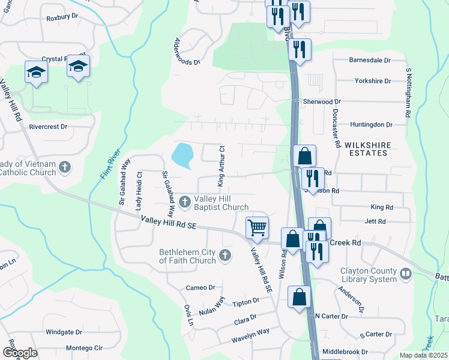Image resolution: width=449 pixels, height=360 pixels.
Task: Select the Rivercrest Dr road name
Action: (x=48, y=127)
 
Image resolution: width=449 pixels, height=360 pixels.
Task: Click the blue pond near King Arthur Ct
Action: (x=182, y=155)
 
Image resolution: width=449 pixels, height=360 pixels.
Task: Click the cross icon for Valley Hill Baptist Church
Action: (x=185, y=200)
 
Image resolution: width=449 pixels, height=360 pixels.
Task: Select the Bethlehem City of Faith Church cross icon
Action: (x=225, y=256)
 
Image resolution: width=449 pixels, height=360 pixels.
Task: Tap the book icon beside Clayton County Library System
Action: (x=406, y=274)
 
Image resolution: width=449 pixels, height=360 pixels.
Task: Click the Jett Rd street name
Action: (x=375, y=221)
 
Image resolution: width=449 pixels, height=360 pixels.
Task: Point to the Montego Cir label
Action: (x=84, y=348)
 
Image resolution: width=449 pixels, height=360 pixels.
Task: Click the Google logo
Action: (x=20, y=353)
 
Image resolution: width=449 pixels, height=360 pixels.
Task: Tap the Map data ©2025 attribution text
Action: (x=423, y=355)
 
